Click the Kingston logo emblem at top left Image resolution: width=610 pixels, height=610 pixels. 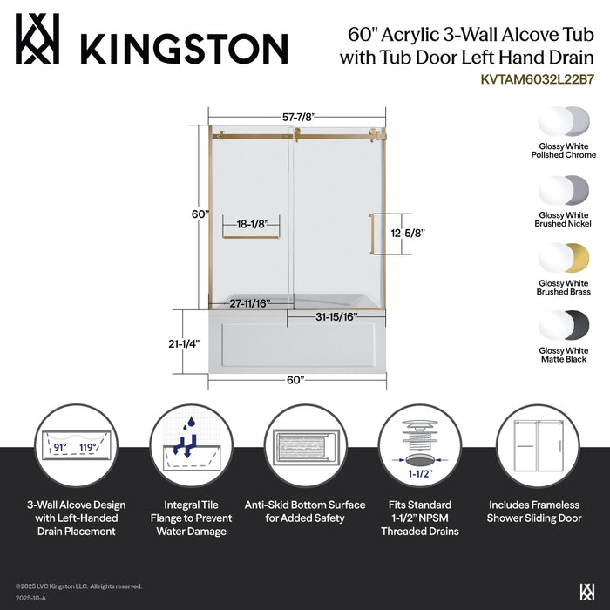(x=37, y=39)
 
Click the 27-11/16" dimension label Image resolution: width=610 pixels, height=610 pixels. (x=250, y=303)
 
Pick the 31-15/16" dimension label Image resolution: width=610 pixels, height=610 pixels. (x=336, y=318)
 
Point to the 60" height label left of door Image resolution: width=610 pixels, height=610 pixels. (x=200, y=213)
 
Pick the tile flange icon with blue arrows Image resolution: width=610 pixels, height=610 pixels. (x=189, y=447)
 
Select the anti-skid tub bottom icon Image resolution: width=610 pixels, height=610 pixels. (x=305, y=447)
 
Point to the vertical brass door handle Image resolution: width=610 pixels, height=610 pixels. (x=373, y=234)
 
